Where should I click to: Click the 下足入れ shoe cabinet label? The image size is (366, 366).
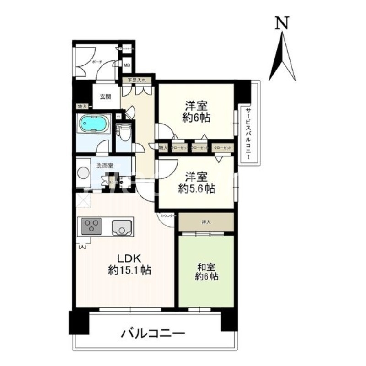coord(136,81)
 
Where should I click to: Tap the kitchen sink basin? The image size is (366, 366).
coord(121,227)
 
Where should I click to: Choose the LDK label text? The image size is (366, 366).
coord(124,257)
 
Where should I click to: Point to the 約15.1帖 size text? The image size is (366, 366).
coord(129,270)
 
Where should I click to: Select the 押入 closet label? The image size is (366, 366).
coord(206,222)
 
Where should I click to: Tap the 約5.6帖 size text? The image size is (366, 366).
coord(197,188)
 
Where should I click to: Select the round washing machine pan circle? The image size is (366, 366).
coord(84,173)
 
